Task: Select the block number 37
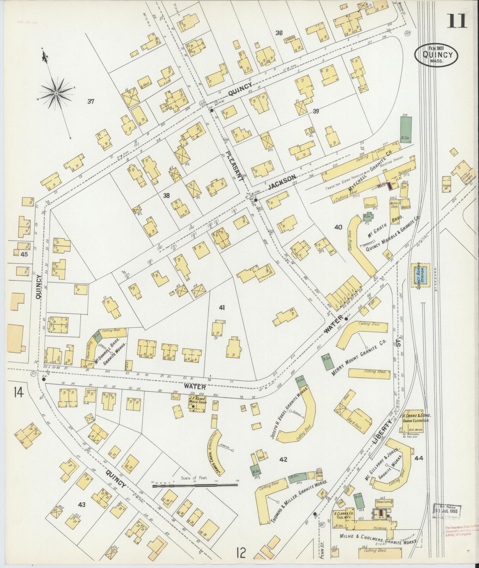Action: (91, 101)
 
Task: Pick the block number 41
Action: (222, 308)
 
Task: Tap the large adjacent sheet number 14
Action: (19, 393)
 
